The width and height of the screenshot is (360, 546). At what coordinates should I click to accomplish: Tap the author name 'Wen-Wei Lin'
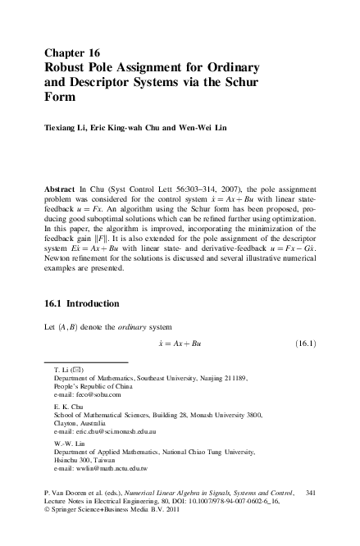(x=189, y=129)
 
